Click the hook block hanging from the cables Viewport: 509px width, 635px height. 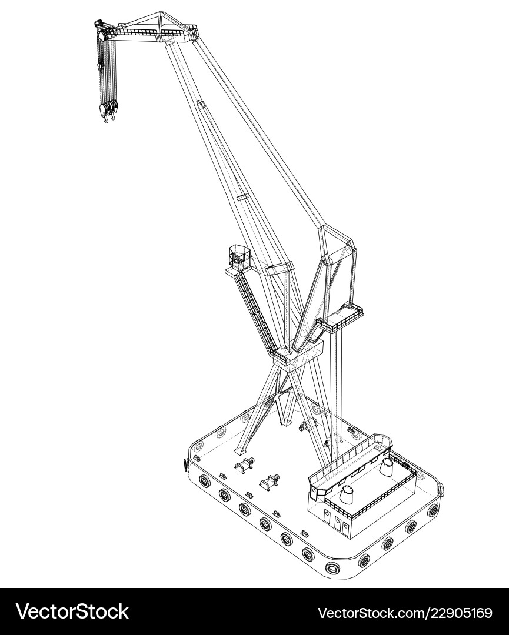coord(109,111)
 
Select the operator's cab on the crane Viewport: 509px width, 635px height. coord(238,256)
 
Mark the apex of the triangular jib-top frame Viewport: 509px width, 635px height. coord(160,14)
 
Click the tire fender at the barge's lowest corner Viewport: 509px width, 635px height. coord(332,569)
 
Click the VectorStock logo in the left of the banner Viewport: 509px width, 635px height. coord(72,611)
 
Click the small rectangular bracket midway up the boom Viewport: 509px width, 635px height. coord(242,198)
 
